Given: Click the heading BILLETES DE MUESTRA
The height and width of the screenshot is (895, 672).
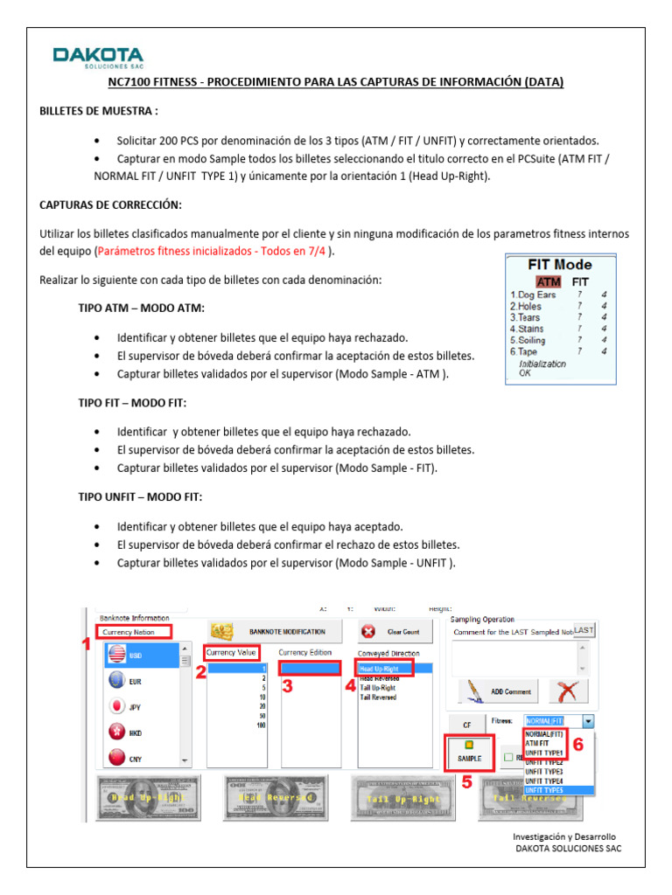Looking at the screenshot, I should (99, 111).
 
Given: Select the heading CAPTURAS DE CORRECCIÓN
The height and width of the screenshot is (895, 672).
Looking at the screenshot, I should (110, 204).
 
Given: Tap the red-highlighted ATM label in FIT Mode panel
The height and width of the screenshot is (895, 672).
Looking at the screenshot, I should (549, 281).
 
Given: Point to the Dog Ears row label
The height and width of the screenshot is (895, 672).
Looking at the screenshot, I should (533, 295).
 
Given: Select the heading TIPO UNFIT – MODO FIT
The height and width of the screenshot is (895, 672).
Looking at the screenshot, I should (140, 496).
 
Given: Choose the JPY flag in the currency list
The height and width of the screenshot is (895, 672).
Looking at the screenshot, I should (115, 705).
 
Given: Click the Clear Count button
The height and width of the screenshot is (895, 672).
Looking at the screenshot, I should (390, 631).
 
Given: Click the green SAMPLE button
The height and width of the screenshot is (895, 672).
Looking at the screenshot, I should (469, 751).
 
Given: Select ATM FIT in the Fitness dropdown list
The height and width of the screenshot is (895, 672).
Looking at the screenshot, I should (538, 743).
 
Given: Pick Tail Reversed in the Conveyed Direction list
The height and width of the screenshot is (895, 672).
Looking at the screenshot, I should (378, 697).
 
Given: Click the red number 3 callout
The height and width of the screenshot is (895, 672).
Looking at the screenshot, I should (286, 687).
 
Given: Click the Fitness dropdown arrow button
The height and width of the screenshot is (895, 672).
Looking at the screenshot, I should (588, 722).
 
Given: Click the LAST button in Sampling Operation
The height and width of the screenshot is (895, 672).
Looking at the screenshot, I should (584, 630).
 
